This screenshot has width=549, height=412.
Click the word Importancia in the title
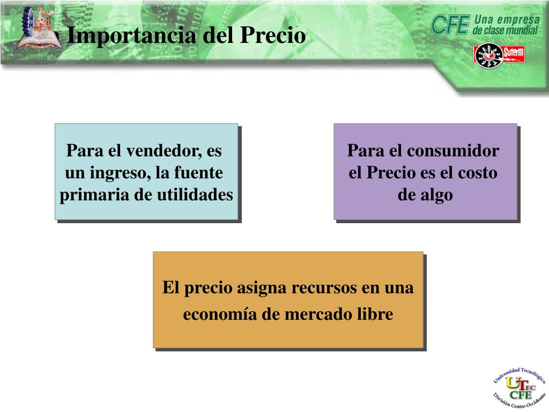click(x=132, y=36)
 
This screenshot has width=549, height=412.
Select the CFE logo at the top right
click(x=450, y=25)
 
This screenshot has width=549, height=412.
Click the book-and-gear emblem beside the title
click(x=38, y=28)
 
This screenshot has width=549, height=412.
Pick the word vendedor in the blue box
click(x=162, y=151)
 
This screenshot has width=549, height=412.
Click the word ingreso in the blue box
click(x=122, y=173)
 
